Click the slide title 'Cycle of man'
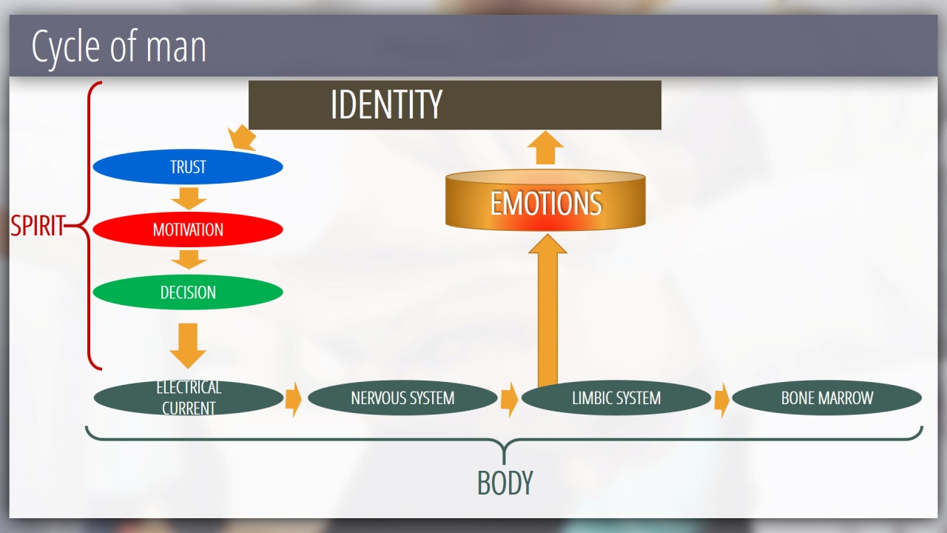point(118,47)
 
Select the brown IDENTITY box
point(454,104)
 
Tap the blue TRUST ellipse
point(188,167)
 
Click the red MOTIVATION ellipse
point(188,229)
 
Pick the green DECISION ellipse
point(188,292)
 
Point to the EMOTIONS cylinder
point(545,203)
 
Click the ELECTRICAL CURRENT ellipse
point(188,398)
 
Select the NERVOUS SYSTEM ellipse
point(402,398)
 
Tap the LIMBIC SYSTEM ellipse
point(616,398)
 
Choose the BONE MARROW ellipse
point(826,398)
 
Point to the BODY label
point(505,483)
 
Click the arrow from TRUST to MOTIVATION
point(188,198)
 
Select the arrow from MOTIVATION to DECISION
point(188,259)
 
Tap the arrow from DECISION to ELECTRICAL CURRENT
point(188,344)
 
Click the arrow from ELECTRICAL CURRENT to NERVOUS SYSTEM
point(294,399)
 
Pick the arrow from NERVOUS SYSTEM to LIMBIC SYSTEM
point(509,399)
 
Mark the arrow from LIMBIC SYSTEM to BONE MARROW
point(721,399)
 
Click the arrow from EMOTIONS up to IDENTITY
point(546,148)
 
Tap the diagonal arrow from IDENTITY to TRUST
point(243,138)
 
